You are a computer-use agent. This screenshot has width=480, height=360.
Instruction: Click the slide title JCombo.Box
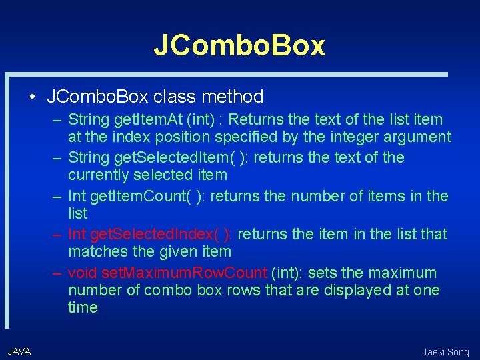[239, 45]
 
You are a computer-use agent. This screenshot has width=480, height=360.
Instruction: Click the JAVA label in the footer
[19, 351]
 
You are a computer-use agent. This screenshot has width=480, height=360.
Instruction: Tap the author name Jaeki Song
[445, 352]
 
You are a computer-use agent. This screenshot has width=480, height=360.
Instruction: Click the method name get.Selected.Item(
[163, 158]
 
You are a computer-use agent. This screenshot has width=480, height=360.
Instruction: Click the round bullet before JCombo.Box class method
[33, 97]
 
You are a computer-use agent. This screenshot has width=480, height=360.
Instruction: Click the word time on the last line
[83, 308]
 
